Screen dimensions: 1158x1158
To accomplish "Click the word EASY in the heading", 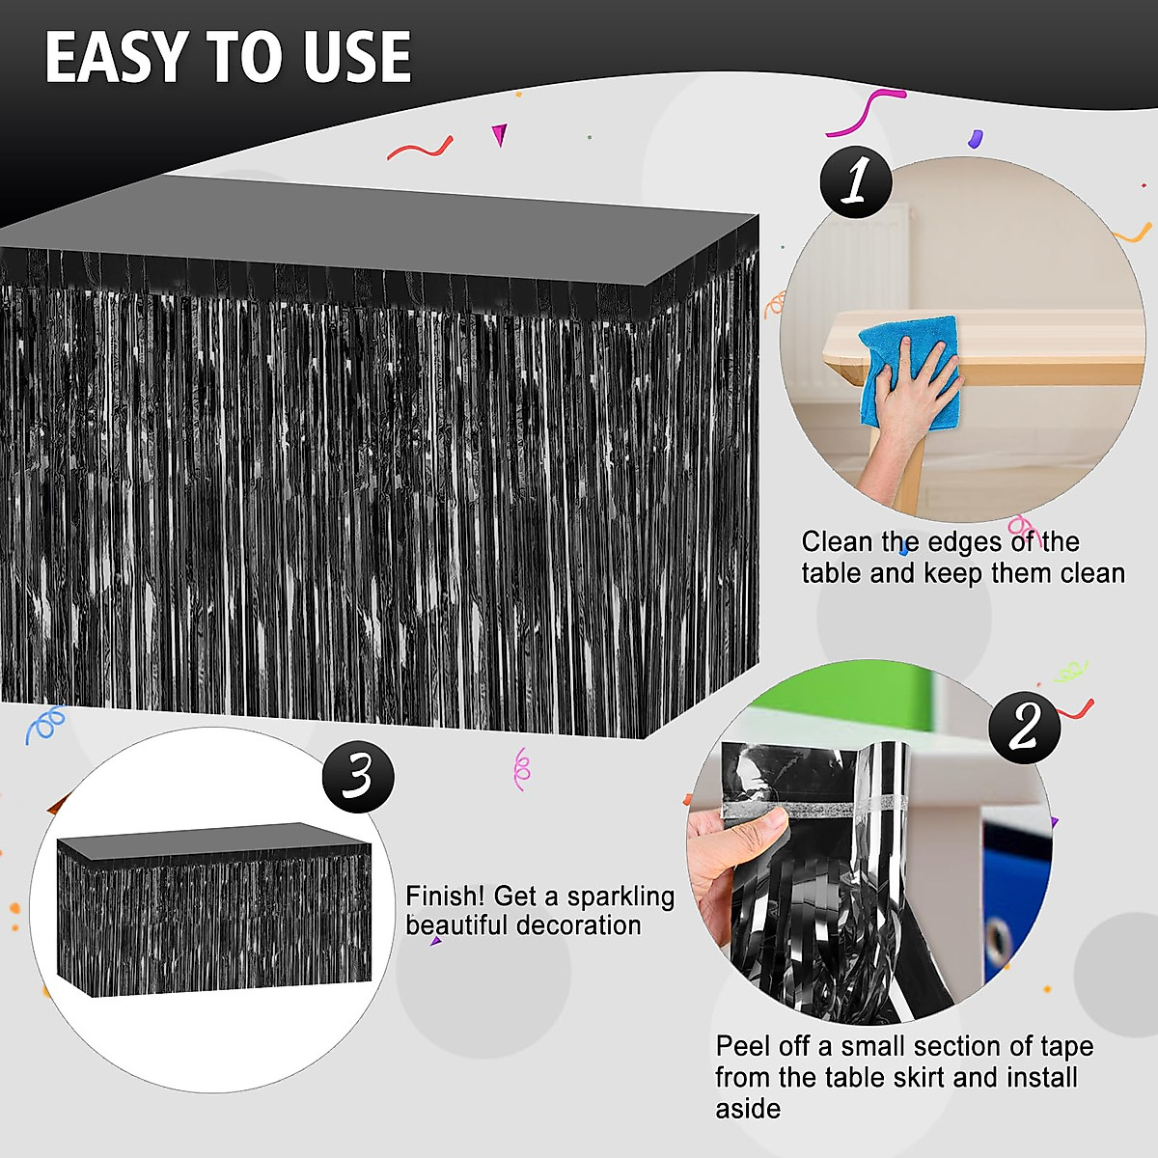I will pos(117,58).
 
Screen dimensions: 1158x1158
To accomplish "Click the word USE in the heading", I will pos(357,58).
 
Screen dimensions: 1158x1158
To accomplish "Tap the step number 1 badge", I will pos(855,181).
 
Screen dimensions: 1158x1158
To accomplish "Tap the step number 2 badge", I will pos(1024,728).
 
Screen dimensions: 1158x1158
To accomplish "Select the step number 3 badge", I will pos(358,776).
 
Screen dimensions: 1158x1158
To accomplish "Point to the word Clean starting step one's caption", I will pos(838,541).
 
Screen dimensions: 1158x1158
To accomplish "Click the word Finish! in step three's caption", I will pos(444,896).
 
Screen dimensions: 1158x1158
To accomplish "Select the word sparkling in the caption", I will pos(620,896).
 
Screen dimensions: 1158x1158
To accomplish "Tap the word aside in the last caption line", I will pos(748,1108).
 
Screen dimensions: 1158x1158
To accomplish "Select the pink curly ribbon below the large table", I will pos(521,769).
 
